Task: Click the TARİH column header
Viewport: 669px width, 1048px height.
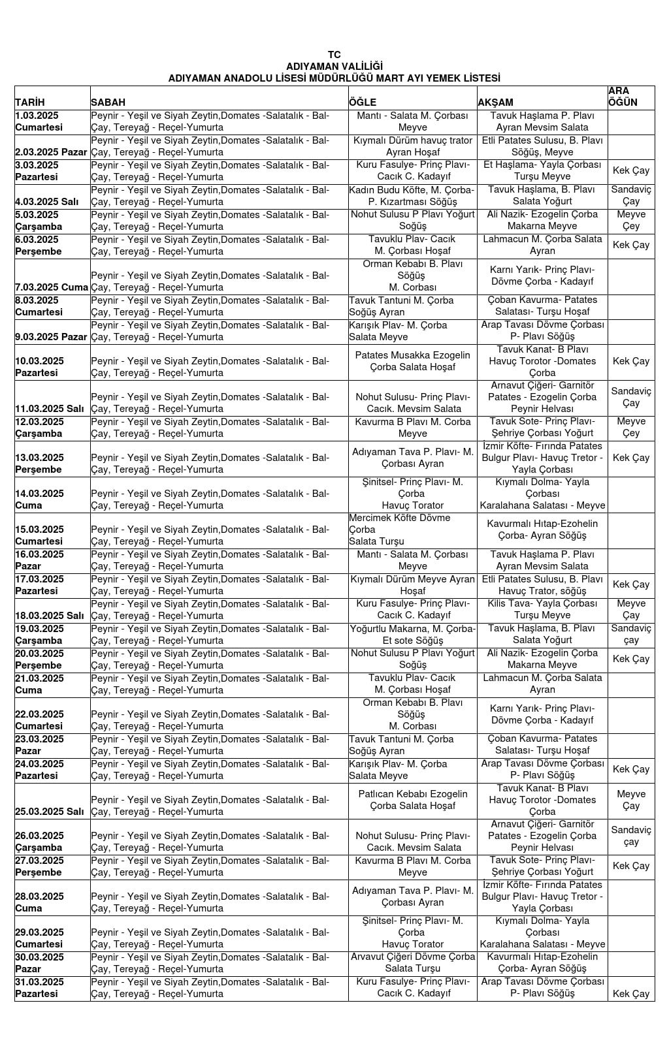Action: [x=30, y=103]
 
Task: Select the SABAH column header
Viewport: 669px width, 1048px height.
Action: [x=108, y=103]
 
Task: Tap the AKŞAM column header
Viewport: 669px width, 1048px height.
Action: [x=496, y=103]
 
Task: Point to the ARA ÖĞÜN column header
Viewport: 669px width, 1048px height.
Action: [x=623, y=97]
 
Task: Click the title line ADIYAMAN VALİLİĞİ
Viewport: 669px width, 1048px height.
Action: [x=334, y=67]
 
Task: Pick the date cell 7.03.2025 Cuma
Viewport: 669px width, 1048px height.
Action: [x=52, y=287]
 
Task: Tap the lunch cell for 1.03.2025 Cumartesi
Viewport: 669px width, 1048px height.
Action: [x=412, y=121]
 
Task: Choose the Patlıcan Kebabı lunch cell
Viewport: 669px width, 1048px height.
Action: [x=412, y=800]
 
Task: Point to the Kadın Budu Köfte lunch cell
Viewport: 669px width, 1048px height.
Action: [x=412, y=196]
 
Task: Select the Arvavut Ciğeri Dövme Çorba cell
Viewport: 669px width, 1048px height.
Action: [x=412, y=962]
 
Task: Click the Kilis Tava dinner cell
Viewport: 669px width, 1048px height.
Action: [x=542, y=609]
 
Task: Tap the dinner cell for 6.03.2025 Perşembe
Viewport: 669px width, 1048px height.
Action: [x=542, y=245]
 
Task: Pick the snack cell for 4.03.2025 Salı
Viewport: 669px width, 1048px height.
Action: [x=631, y=196]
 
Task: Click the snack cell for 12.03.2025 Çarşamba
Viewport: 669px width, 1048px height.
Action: [x=631, y=427]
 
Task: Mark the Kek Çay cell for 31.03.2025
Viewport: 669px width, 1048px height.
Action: [x=631, y=994]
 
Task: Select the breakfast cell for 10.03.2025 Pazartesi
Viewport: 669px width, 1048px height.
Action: [x=219, y=367]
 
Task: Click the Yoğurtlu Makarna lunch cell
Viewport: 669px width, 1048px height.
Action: [x=412, y=634]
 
